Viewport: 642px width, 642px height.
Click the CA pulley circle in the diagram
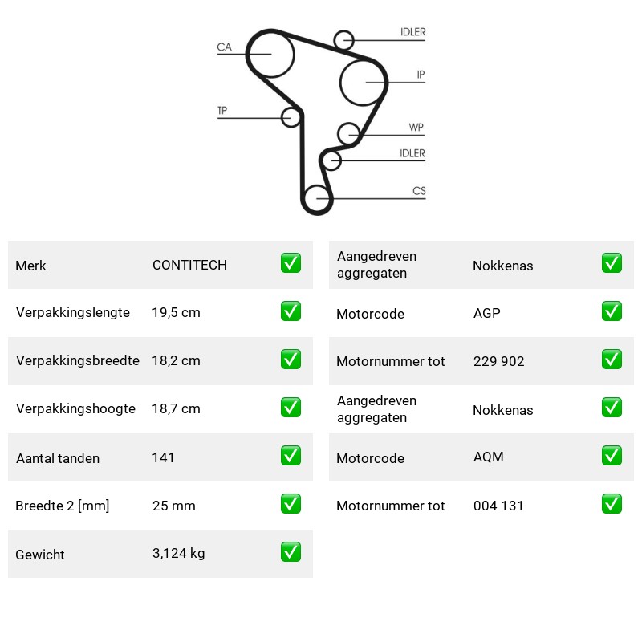pos(250,54)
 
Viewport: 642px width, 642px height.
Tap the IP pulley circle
pos(340,83)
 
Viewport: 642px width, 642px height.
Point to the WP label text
pos(416,128)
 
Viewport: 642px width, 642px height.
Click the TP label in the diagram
pos(222,111)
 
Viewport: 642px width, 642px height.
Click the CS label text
pos(419,191)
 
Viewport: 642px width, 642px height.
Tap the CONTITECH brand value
pos(189,265)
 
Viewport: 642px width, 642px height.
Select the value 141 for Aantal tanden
pos(163,457)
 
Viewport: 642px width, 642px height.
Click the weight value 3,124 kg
pos(178,553)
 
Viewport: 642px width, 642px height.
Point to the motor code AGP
pos(487,313)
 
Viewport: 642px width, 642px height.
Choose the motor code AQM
pos(489,457)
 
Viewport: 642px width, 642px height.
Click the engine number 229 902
pos(498,361)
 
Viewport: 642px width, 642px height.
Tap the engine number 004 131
pos(498,506)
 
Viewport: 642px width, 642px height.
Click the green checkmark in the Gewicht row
pos(291,552)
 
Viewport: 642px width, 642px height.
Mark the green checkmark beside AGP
pos(612,311)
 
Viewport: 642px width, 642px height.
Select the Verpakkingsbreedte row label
pos(78,360)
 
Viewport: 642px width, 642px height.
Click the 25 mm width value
pos(173,506)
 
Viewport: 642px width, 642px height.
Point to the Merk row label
pos(30,266)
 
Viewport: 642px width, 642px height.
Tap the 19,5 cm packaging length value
pos(176,312)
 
